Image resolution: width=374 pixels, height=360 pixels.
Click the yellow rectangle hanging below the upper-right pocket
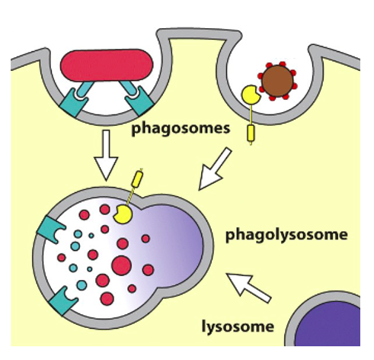click(251, 133)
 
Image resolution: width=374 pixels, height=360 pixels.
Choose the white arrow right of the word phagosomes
click(216, 170)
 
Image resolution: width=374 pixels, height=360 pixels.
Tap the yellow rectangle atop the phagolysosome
click(138, 180)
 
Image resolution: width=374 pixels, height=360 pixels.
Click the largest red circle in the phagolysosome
click(121, 265)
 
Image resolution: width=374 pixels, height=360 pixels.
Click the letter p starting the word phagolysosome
click(230, 236)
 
